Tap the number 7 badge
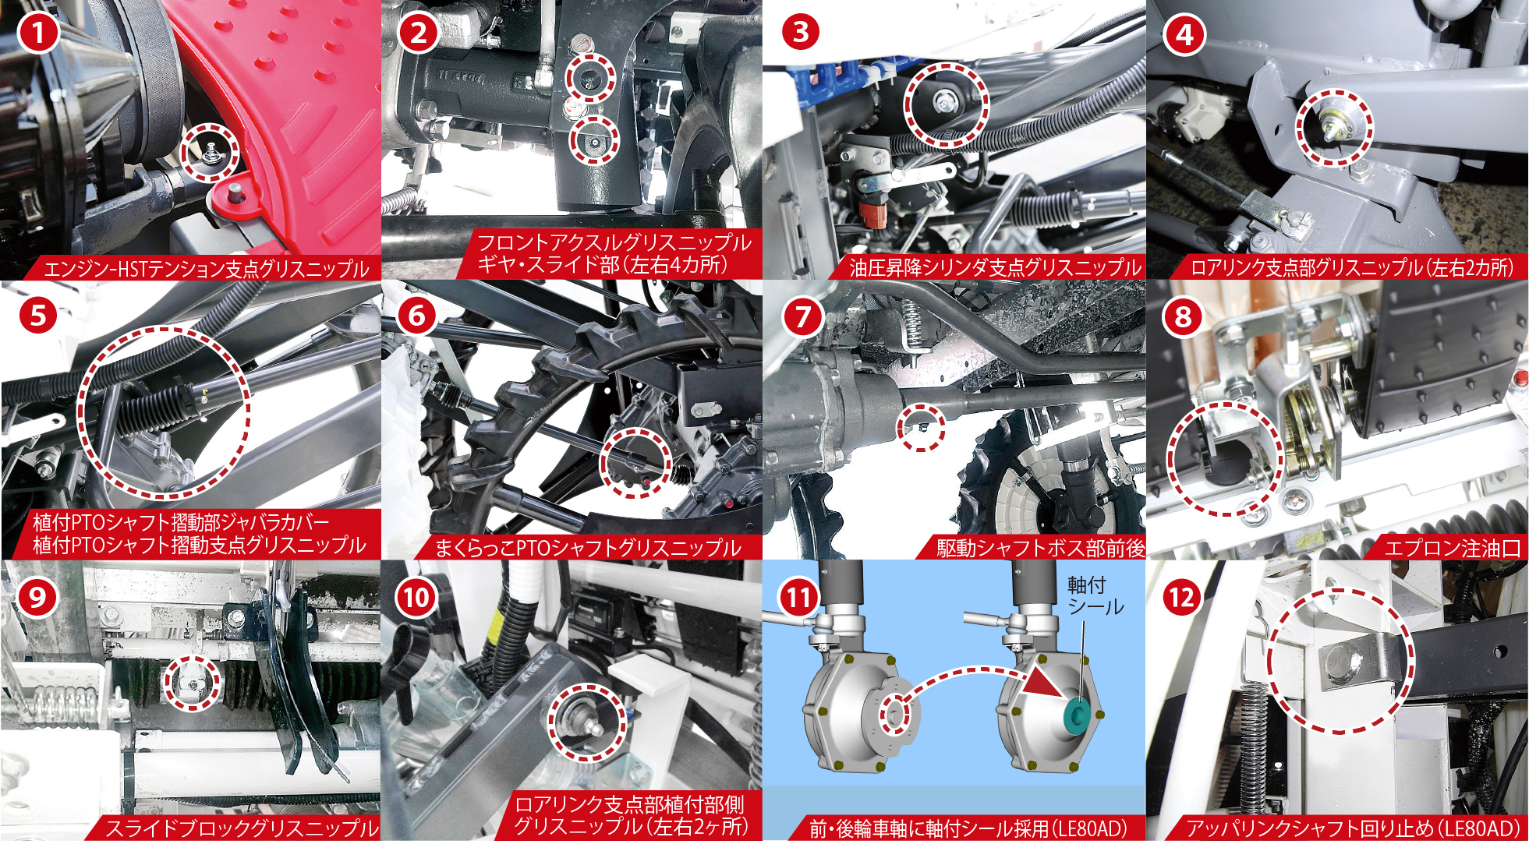pyautogui.click(x=803, y=316)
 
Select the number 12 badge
pyautogui.click(x=1182, y=598)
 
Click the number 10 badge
pyautogui.click(x=417, y=598)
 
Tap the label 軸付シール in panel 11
pyautogui.click(x=1095, y=595)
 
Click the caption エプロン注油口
pyautogui.click(x=1452, y=548)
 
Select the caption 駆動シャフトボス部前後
pyautogui.click(x=1040, y=548)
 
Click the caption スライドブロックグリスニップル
pyautogui.click(x=242, y=828)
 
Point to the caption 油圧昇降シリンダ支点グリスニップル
pyautogui.click(x=995, y=267)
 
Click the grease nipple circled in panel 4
pyautogui.click(x=1330, y=125)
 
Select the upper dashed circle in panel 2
pyautogui.click(x=590, y=78)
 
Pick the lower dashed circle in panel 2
pyautogui.click(x=594, y=140)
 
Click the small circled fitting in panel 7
pyautogui.click(x=920, y=427)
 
